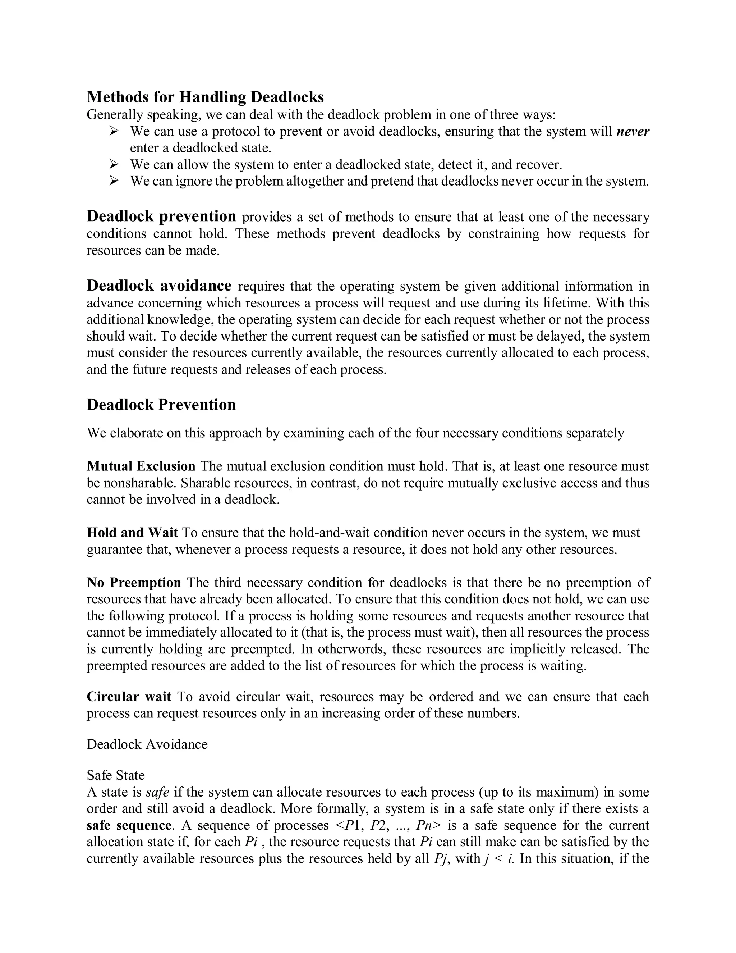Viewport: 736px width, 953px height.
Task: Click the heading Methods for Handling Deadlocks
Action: tap(205, 97)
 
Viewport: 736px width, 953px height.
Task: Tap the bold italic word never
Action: tap(632, 131)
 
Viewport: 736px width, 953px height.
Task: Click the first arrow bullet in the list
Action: tap(114, 131)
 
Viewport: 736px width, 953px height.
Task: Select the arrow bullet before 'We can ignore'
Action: tap(114, 181)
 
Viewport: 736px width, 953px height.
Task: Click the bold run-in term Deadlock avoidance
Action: tap(159, 286)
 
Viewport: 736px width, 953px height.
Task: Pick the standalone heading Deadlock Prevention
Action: tap(161, 405)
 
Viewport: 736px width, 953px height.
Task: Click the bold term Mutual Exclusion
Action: tap(141, 466)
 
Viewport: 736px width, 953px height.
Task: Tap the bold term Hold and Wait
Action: tap(132, 533)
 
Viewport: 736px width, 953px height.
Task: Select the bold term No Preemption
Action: tap(134, 583)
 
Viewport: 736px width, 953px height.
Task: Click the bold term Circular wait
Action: tap(129, 697)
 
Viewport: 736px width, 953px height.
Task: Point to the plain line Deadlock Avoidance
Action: tap(147, 744)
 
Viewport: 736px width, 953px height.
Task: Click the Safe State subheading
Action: tap(116, 775)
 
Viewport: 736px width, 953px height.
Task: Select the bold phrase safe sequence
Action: tap(129, 826)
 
